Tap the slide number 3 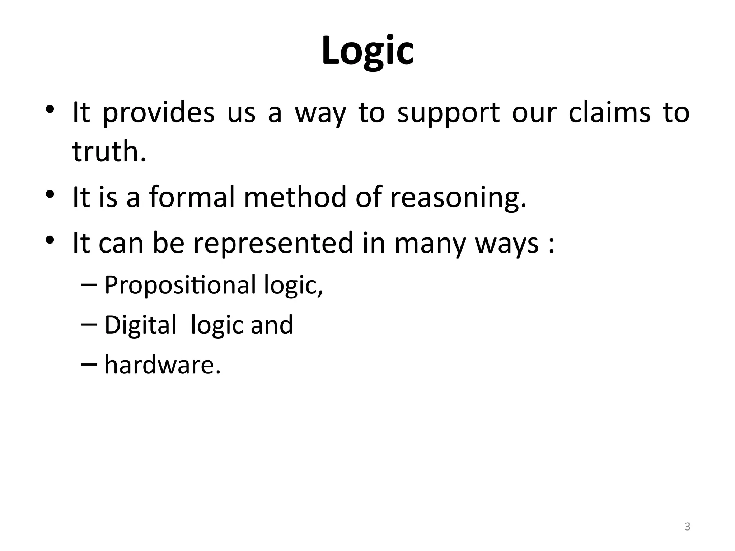click(x=687, y=527)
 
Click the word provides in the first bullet click(x=159, y=113)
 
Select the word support click(x=448, y=113)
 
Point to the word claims click(x=610, y=113)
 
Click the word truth click(x=109, y=151)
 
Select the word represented click(x=273, y=243)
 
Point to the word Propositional click(x=180, y=286)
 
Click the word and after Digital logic click(x=272, y=325)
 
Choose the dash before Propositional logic click(x=89, y=284)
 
